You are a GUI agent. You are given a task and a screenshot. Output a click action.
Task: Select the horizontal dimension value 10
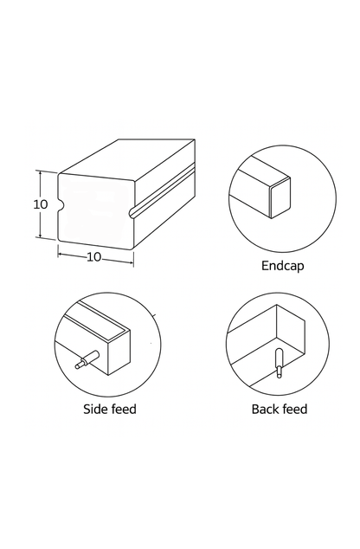tap(94, 257)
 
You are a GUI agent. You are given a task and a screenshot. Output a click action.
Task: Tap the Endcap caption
tap(282, 265)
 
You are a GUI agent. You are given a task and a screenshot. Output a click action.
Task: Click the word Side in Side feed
tap(95, 409)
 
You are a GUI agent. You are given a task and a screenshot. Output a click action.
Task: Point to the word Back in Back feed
tap(266, 409)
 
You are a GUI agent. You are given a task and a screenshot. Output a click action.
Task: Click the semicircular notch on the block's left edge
tap(61, 206)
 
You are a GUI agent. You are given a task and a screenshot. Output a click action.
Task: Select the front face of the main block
tap(95, 208)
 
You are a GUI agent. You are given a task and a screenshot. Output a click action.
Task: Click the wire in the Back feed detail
tap(278, 364)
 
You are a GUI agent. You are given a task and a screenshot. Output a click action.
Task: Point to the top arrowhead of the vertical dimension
tap(40, 173)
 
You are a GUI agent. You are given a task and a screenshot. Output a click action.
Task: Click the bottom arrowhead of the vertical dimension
tap(40, 236)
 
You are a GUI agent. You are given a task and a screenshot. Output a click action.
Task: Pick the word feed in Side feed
tap(123, 409)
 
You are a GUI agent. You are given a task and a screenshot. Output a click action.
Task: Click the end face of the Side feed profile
tap(115, 352)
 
